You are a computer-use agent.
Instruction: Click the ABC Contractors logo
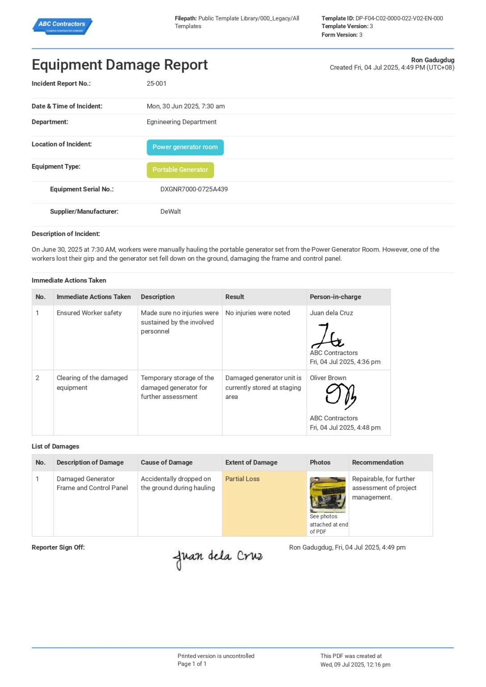[62, 26]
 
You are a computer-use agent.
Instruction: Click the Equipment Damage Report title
[119, 65]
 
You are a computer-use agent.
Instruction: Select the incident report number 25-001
[156, 84]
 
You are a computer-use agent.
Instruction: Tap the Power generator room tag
[185, 147]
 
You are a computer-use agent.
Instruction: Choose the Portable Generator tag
[180, 170]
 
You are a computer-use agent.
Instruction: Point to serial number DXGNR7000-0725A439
[194, 189]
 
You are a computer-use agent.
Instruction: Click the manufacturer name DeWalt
[170, 212]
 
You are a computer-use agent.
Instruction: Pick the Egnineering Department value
[182, 122]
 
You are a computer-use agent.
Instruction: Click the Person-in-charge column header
[335, 297]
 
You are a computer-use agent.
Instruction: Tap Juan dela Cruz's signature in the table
[327, 336]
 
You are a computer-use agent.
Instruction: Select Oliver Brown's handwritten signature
[341, 396]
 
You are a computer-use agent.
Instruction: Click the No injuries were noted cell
[258, 313]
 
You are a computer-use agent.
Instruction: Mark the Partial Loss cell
[242, 479]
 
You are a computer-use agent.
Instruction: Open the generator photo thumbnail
[328, 495]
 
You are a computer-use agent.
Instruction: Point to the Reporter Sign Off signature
[218, 557]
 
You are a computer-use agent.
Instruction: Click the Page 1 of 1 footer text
[192, 664]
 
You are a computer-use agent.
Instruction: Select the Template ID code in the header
[399, 18]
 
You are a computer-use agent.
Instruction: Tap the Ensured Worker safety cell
[89, 313]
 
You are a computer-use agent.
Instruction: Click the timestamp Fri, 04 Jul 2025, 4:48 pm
[345, 428]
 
